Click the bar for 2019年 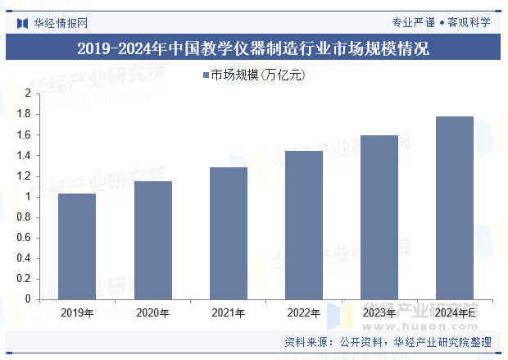pos(77,246)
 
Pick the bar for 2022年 pos(304,225)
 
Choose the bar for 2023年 pos(379,217)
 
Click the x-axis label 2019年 pos(77,312)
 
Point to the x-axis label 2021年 pos(229,312)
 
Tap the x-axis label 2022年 pos(304,312)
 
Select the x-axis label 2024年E pos(456,312)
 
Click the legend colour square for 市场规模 pos(205,75)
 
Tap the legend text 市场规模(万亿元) pos(257,75)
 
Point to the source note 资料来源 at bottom pos(388,343)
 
